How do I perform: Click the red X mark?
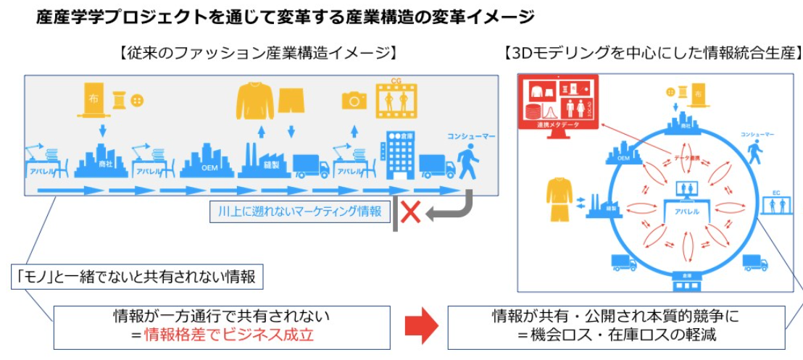(x=411, y=212)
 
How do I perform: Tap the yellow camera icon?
(x=354, y=100)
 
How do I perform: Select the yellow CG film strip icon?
(x=397, y=101)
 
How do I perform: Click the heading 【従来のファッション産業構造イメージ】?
(x=257, y=54)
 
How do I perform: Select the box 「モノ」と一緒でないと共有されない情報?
(x=136, y=276)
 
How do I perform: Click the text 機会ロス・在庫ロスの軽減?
(x=616, y=335)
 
